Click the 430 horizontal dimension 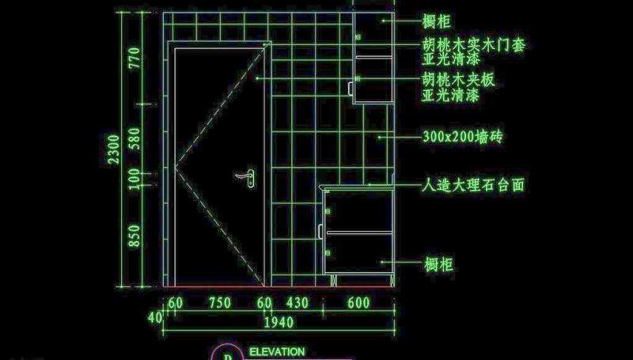click(x=297, y=302)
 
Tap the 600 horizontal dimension click(x=358, y=302)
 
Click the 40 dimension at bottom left click(x=155, y=316)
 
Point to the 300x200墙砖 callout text click(x=462, y=137)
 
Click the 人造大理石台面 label click(x=473, y=186)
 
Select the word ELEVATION click(x=276, y=351)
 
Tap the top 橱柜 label click(x=437, y=21)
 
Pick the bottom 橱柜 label click(x=437, y=263)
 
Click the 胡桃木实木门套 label click(x=473, y=45)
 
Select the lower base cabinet click(x=358, y=231)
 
